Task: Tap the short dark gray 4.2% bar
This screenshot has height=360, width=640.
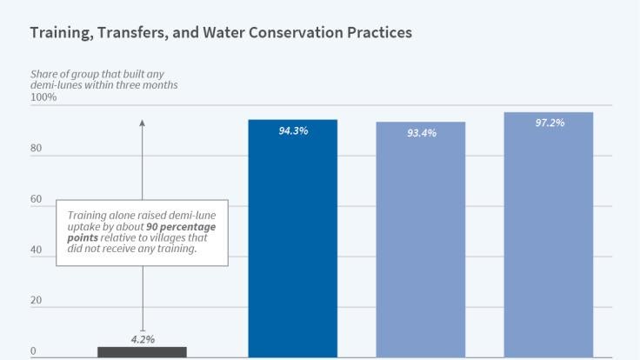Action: coord(142,352)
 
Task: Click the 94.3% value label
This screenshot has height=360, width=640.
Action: coord(293,131)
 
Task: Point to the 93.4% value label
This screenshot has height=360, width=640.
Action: coord(421,133)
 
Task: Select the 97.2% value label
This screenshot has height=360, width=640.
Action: coord(550,123)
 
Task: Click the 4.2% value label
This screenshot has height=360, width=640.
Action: coord(143,339)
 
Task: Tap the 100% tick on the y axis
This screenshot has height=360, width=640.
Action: coord(43,97)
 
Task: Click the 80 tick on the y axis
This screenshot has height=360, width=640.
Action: coord(36,148)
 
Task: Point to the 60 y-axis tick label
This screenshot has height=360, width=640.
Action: coord(36,199)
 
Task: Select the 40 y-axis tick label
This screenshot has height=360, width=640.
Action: coord(36,250)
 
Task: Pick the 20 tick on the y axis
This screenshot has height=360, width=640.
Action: coord(36,301)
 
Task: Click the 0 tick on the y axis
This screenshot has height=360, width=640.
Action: coord(33,352)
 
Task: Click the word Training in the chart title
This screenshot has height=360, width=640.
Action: coord(62,33)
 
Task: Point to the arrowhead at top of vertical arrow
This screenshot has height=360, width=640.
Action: coord(142,123)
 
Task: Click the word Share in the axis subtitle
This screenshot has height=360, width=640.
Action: coord(44,73)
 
